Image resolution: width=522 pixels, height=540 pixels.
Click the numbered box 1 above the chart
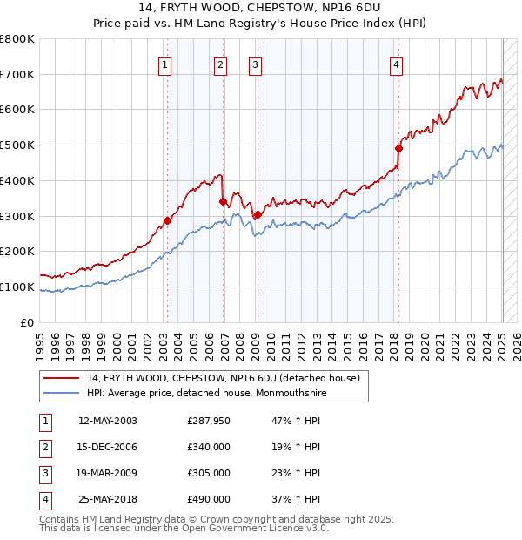tap(164, 64)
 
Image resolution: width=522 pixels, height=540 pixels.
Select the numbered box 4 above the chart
tap(396, 64)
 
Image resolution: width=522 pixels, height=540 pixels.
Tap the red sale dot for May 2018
tap(399, 148)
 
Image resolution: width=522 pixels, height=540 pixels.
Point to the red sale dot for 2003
tap(168, 220)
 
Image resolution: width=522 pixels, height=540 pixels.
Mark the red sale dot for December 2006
tap(224, 201)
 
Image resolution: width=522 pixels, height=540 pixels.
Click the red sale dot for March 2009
tap(258, 214)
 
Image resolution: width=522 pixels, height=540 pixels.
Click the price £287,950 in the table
tap(209, 421)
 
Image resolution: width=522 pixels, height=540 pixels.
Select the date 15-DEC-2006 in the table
tap(108, 447)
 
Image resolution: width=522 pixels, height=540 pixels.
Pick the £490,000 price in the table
tap(209, 499)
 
